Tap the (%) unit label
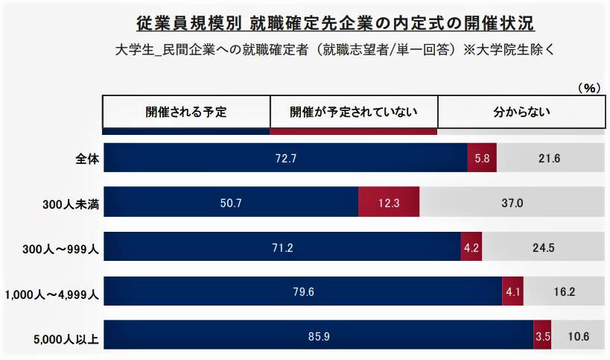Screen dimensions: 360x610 pyautogui.click(x=588, y=87)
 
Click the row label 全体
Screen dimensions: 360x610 pyautogui.click(x=87, y=158)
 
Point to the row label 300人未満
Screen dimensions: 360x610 pyautogui.click(x=73, y=203)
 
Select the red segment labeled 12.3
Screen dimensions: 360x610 pyautogui.click(x=389, y=203)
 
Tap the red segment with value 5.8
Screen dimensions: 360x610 pyautogui.click(x=481, y=158)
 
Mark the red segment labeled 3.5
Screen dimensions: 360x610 pyautogui.click(x=542, y=337)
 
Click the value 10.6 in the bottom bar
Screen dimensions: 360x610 pyautogui.click(x=577, y=337)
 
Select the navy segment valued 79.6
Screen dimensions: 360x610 pyautogui.click(x=303, y=292)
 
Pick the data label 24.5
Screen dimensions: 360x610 pyautogui.click(x=544, y=247)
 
